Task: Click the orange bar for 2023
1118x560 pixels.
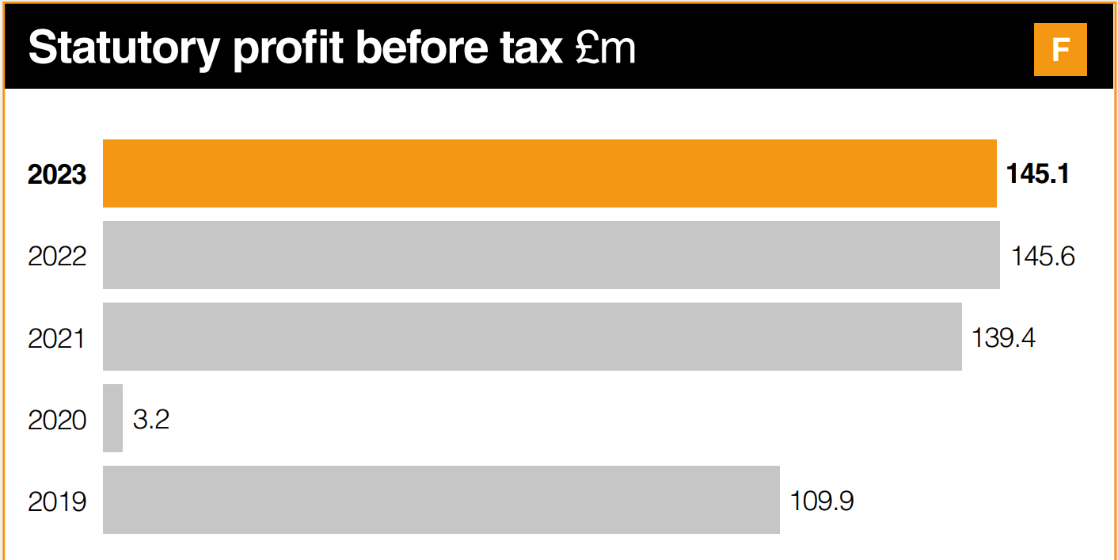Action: pos(549,173)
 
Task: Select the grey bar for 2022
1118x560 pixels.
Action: pos(551,255)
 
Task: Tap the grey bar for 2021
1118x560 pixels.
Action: pos(532,337)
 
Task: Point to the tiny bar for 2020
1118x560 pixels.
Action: pos(113,418)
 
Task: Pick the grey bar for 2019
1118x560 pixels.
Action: pos(441,500)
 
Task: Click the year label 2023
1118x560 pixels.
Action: pos(57,174)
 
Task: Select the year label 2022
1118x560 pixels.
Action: pos(57,256)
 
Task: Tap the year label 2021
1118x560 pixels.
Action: pos(57,338)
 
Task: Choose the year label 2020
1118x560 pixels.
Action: pos(57,420)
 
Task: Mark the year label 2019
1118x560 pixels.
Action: pos(57,501)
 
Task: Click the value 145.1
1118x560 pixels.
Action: pos(1037,173)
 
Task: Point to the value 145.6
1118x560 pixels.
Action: pos(1043,256)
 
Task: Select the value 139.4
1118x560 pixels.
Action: pos(1003,337)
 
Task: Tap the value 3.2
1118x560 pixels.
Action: pos(151,419)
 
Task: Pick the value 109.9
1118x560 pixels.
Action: pos(822,501)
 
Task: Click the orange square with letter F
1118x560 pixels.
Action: pos(1060,49)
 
